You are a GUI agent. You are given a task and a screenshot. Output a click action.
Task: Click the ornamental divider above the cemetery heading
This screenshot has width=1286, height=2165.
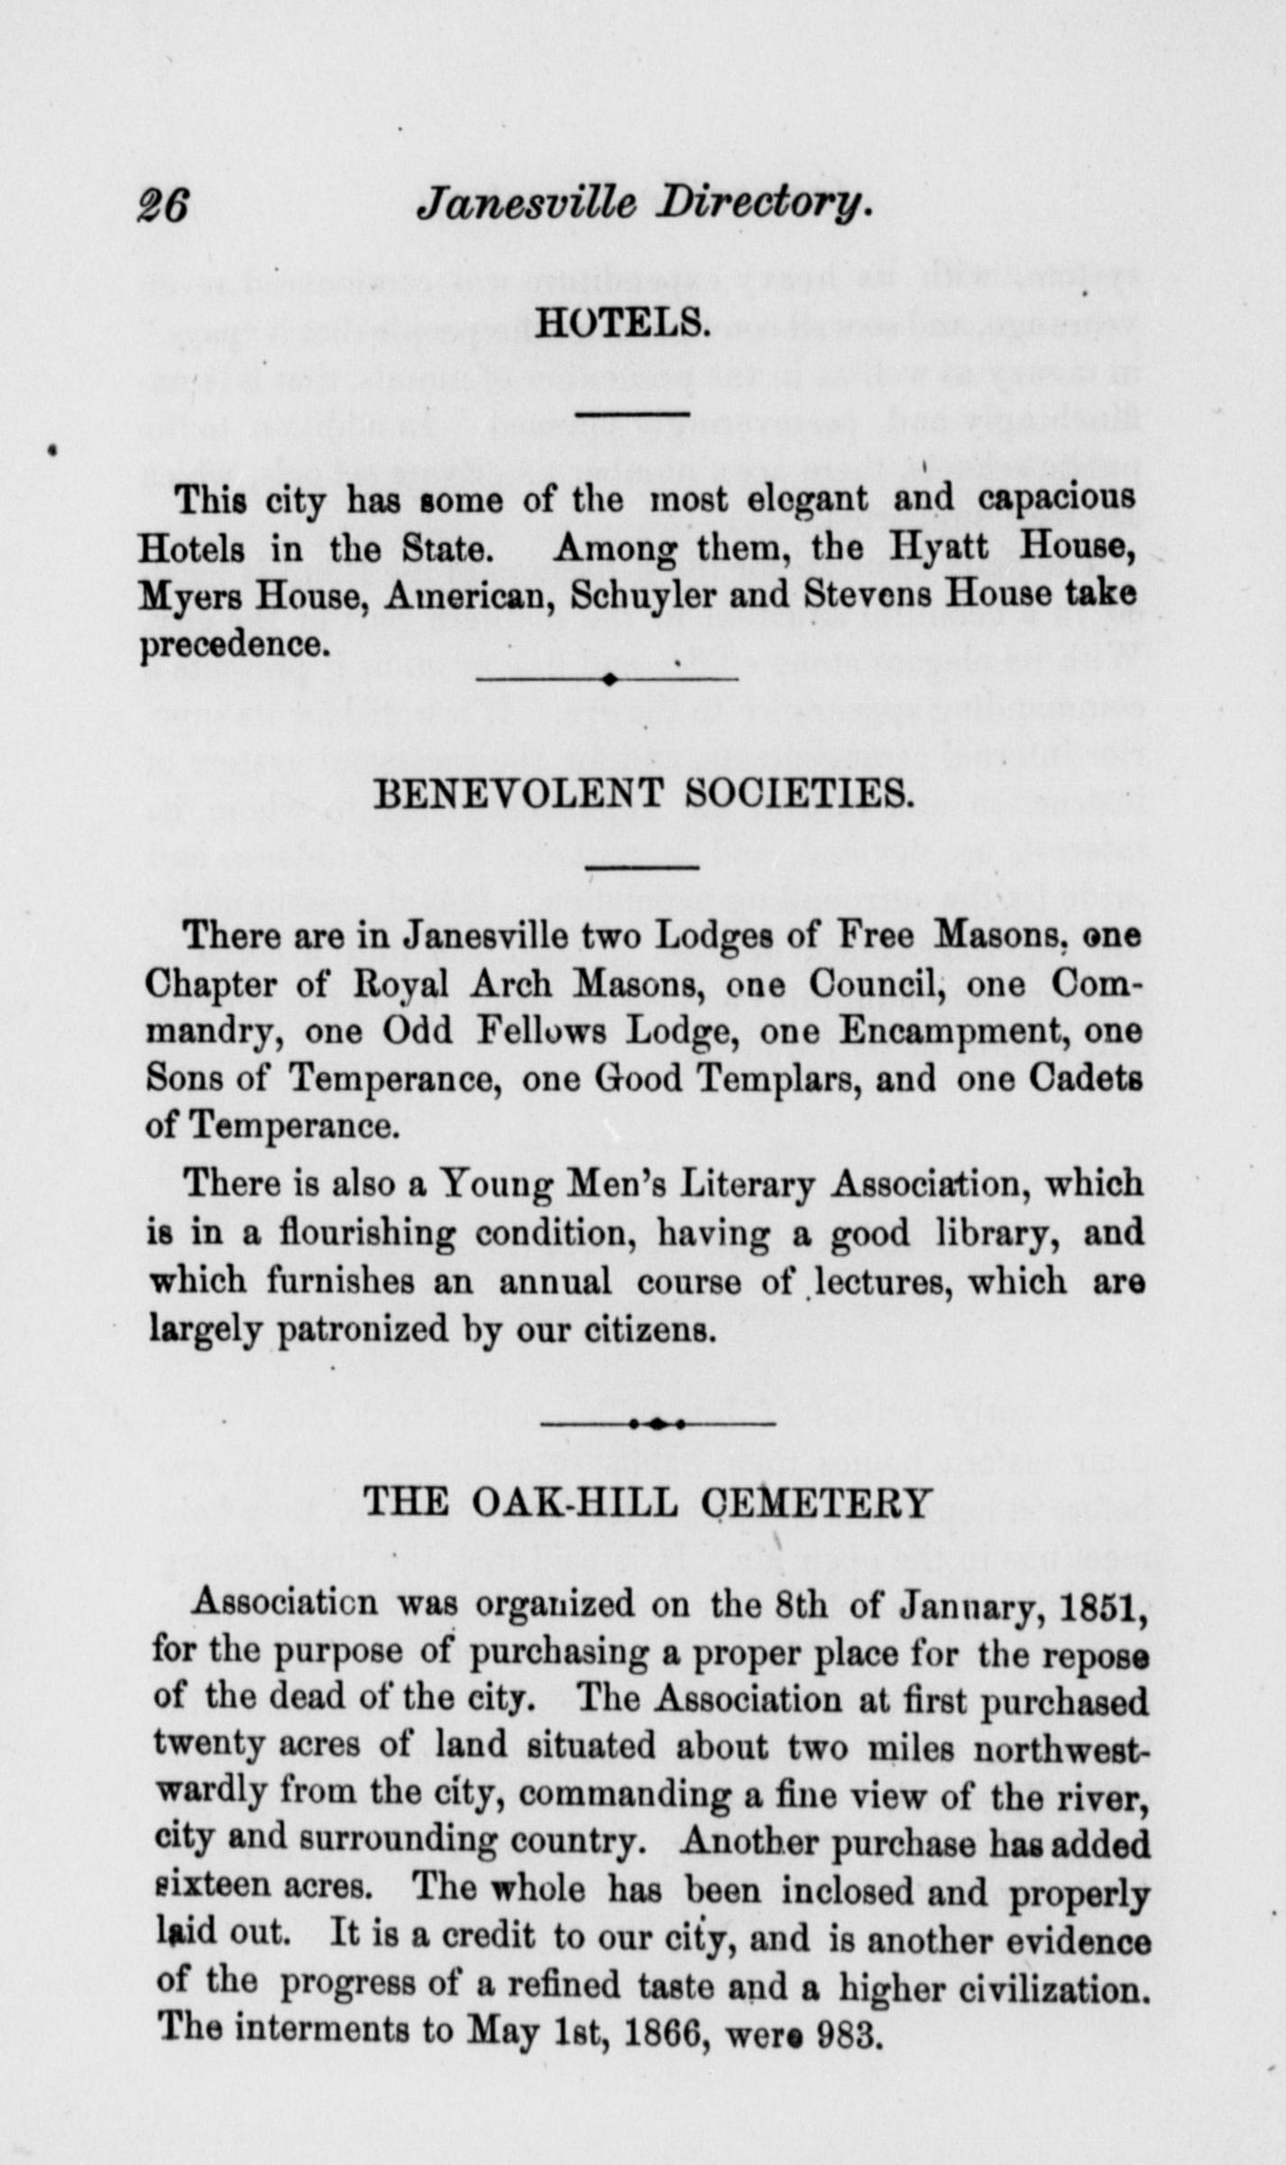coord(658,1424)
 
